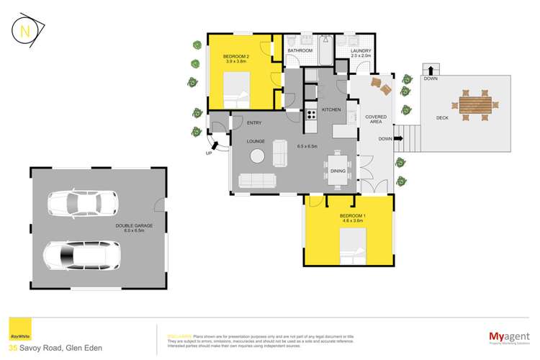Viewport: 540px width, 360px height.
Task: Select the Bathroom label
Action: tap(300, 51)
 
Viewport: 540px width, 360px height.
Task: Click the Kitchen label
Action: tap(330, 109)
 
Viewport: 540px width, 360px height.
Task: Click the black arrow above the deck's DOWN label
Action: tap(431, 70)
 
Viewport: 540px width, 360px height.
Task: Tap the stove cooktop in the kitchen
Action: tap(312, 113)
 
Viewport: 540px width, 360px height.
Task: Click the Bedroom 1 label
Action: tap(349, 218)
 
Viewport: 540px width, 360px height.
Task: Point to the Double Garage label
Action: tap(132, 228)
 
